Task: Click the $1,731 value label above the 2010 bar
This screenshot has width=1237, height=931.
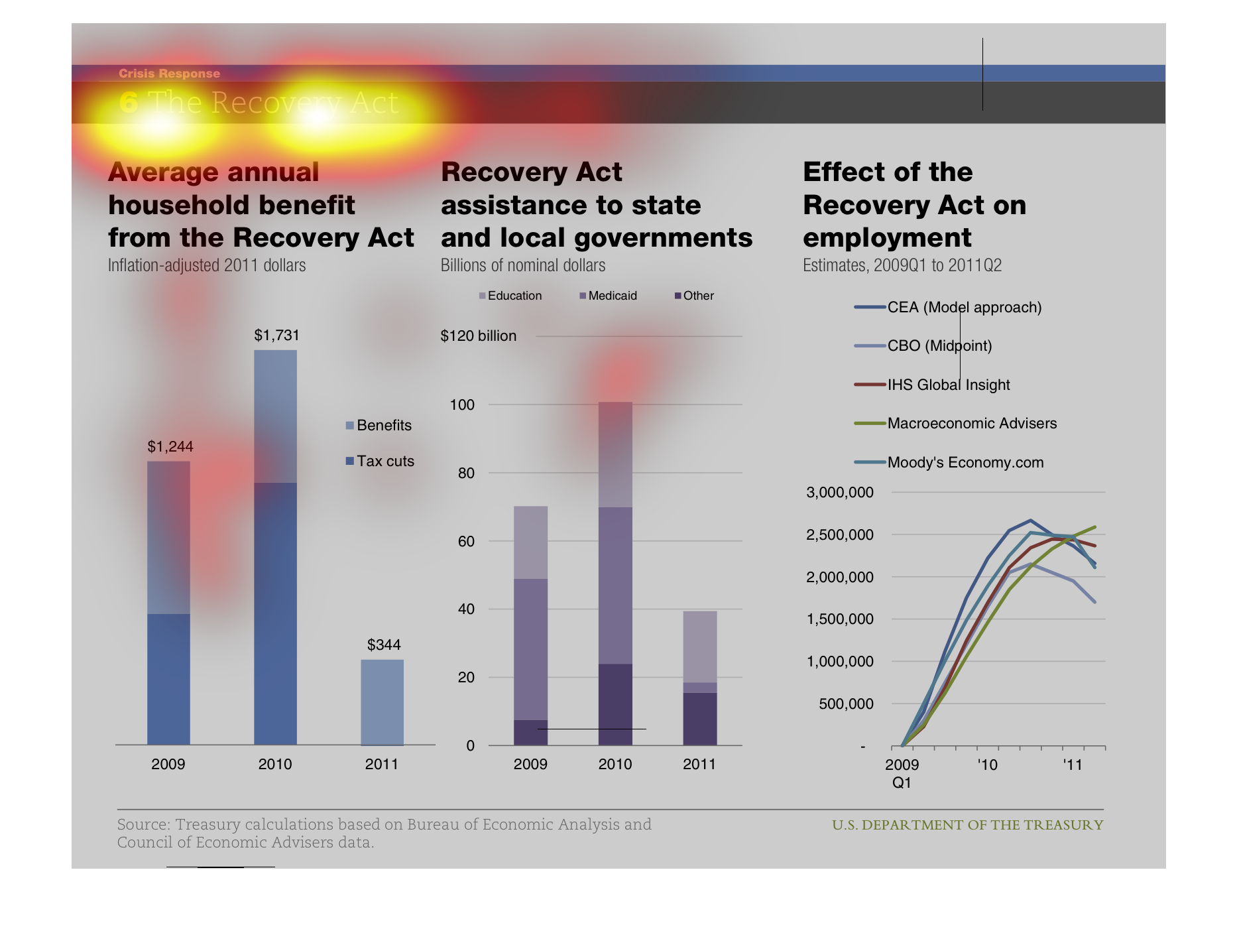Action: (276, 336)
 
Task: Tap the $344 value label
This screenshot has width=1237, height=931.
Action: (384, 645)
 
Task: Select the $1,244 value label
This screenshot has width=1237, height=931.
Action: (170, 447)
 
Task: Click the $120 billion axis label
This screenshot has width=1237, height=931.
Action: (478, 336)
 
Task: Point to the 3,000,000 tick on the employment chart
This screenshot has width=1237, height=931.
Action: (839, 493)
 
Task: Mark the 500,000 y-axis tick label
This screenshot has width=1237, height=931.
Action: (846, 704)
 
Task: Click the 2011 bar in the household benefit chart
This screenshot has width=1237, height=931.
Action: (382, 702)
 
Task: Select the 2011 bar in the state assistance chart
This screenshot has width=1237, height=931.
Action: (699, 678)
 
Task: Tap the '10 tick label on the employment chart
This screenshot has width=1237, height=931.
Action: (987, 765)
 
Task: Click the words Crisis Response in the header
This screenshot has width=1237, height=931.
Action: (169, 74)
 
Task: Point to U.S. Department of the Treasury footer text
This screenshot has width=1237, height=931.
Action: (967, 826)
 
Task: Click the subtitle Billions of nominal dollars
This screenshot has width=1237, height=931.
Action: (522, 266)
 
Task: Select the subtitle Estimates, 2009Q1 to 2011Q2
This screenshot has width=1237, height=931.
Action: (902, 266)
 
